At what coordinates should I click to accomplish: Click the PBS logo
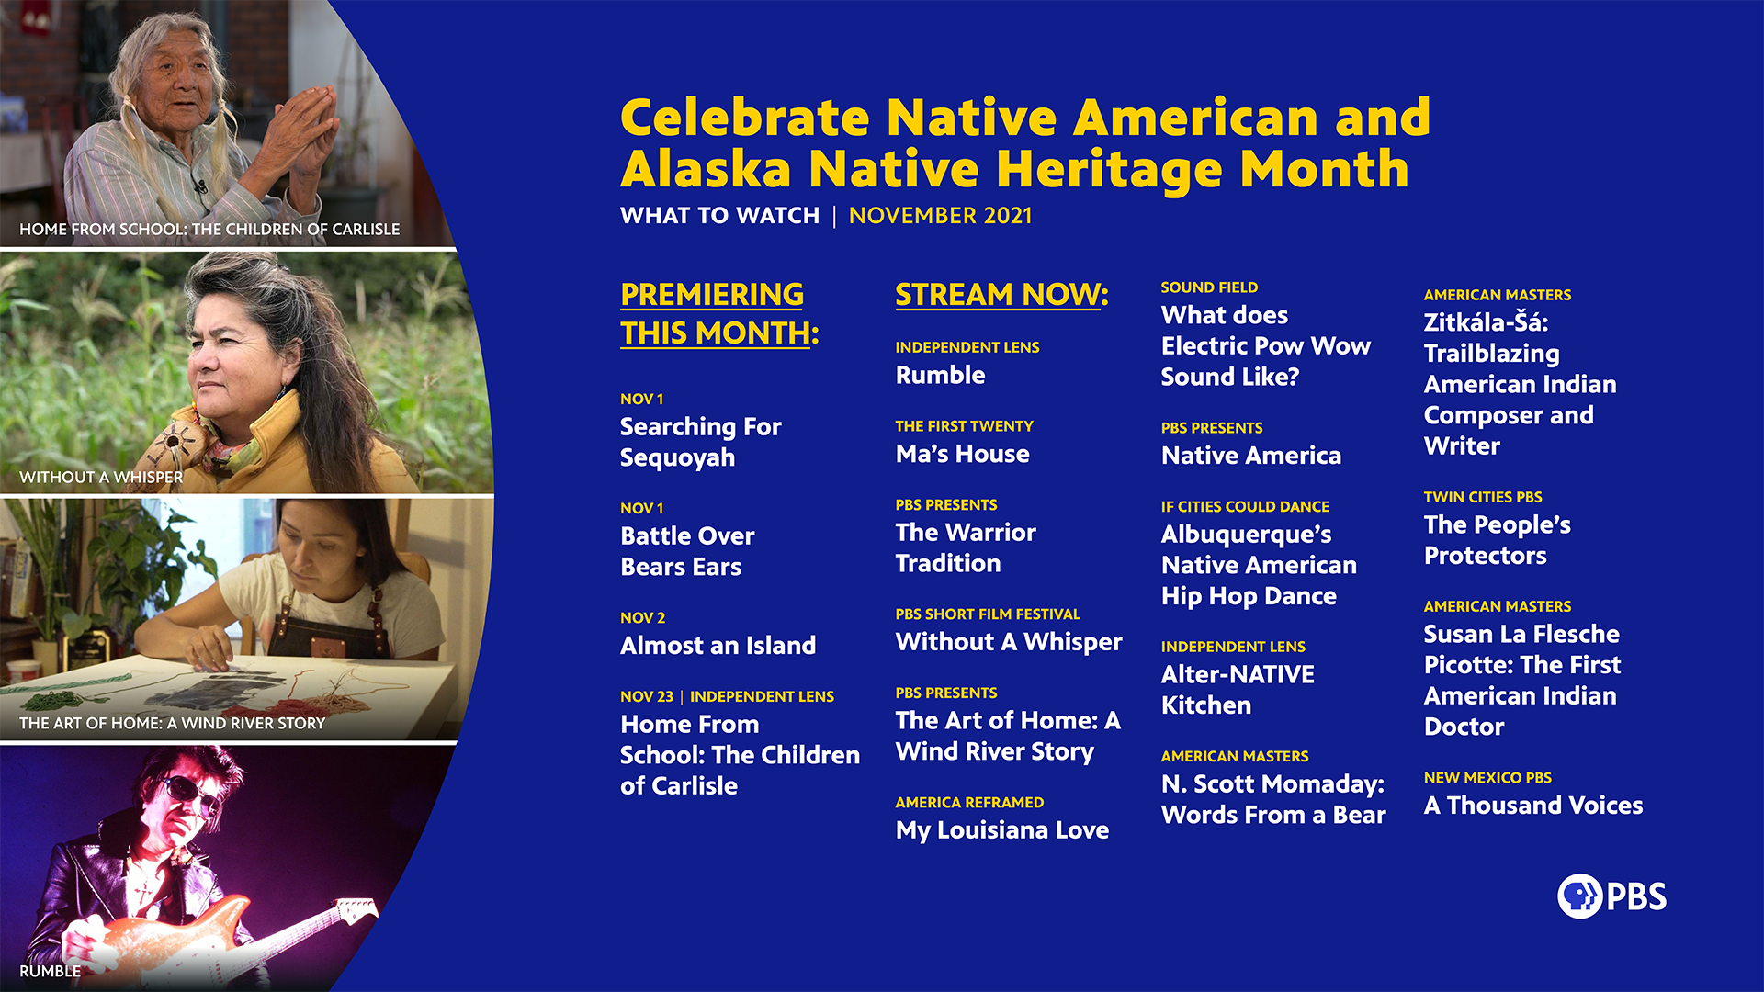1611,896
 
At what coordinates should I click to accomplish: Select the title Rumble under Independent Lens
940,375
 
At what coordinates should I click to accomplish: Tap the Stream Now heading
1001,295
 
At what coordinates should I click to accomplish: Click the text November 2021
940,216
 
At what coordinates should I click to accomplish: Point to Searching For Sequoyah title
700,442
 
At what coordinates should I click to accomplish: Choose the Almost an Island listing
718,646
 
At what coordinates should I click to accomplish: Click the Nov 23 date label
646,697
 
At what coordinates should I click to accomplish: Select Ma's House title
962,454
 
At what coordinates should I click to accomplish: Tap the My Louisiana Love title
1001,830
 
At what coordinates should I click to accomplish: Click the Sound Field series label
1209,287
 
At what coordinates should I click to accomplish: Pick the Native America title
1250,456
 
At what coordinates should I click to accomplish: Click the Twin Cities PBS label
1482,497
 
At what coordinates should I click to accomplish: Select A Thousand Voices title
1532,806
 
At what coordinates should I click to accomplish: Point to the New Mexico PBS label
1487,778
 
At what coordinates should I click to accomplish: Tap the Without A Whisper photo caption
101,478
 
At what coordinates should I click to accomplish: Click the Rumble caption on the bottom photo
50,971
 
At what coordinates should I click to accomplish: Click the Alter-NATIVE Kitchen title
1237,690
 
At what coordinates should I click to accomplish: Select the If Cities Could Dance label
1244,507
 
